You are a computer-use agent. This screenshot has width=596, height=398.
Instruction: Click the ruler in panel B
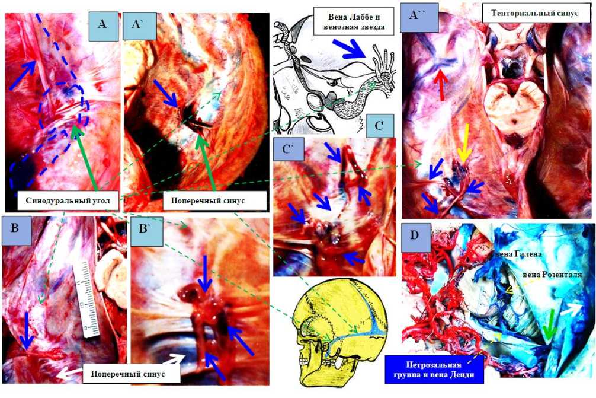(x=87, y=300)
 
